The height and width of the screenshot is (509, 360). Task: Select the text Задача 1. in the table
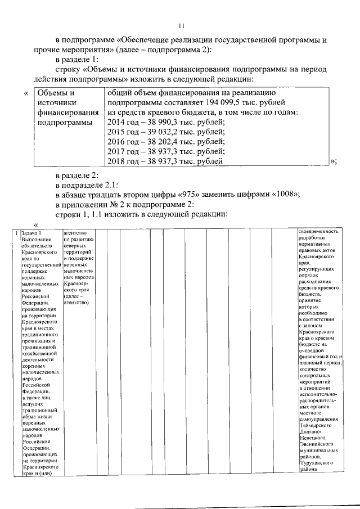(31, 233)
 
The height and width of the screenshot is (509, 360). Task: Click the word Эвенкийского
(318, 444)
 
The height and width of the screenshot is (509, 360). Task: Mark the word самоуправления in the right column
(319, 418)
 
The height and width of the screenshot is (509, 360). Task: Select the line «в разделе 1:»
(76, 60)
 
